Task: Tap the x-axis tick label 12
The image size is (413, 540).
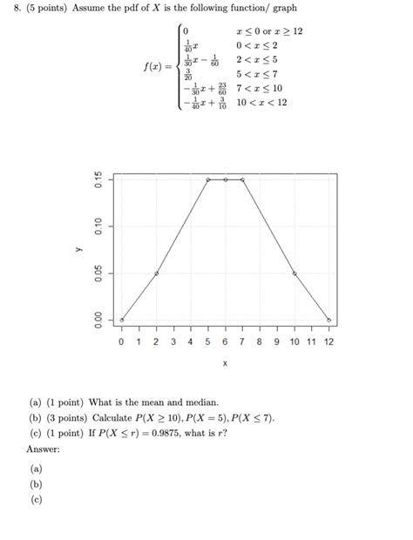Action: pos(328,342)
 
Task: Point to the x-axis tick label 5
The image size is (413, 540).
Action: pos(207,342)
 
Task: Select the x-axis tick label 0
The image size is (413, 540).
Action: pos(122,342)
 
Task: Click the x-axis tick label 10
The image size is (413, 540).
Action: pos(295,342)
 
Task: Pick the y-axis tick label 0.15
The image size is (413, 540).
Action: pos(99,180)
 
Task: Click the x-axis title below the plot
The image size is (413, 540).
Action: pos(225,363)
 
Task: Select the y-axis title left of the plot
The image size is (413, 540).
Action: pos(78,248)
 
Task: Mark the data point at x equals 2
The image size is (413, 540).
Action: pos(156,273)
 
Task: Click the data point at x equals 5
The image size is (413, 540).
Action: pos(207,179)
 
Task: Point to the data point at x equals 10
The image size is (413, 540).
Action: pos(295,273)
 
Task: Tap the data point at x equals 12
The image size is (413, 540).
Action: pos(328,320)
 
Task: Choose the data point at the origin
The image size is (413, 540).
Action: pos(122,320)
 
